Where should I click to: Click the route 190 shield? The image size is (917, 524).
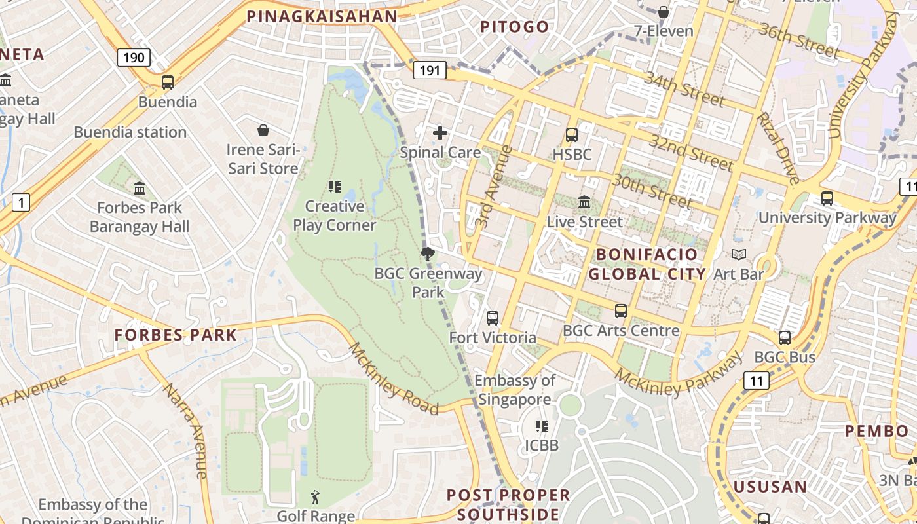click(134, 58)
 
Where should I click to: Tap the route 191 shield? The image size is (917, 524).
click(430, 70)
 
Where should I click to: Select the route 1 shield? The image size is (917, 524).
click(21, 203)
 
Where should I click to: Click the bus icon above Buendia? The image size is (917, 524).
click(168, 83)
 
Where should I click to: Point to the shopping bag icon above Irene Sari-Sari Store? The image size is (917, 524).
click(263, 130)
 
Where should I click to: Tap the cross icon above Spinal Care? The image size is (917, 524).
click(440, 134)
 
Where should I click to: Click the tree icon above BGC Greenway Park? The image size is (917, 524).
click(428, 254)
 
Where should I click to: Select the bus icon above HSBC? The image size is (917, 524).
click(572, 135)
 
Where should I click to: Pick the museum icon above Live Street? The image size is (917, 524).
click(584, 202)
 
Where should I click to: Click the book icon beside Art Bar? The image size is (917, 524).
click(739, 254)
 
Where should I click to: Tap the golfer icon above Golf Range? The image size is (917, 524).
click(316, 497)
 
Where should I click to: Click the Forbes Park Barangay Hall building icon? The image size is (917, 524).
click(140, 189)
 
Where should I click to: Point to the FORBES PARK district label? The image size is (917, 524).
click(176, 335)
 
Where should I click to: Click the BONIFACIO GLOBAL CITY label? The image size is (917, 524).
click(647, 263)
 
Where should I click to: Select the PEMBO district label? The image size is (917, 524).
click(876, 431)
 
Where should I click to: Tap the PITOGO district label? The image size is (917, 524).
click(515, 27)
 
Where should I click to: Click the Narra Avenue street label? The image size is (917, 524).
click(186, 429)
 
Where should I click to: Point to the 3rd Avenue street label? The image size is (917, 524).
click(495, 187)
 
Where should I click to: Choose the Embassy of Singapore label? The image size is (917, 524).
click(515, 390)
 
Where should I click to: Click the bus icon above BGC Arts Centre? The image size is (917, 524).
click(621, 311)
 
